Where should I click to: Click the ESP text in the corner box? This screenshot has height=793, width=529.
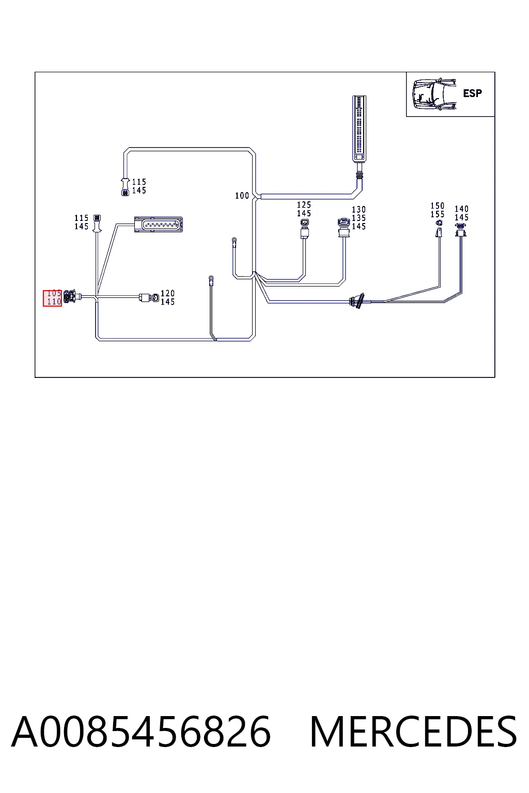[472, 93]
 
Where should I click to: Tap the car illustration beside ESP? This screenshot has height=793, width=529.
[434, 94]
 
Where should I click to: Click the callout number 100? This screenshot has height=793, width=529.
[242, 196]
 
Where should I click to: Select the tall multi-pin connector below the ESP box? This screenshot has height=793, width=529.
[359, 129]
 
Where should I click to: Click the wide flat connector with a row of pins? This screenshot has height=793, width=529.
[159, 225]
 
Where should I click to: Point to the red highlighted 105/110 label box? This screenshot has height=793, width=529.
[53, 298]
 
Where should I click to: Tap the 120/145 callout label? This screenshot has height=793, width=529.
[167, 297]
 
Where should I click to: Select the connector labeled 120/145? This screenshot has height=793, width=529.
[149, 297]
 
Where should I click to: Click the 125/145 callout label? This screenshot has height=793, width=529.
[304, 209]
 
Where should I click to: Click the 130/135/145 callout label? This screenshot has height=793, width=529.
[359, 218]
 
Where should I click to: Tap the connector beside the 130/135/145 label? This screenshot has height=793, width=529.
[344, 227]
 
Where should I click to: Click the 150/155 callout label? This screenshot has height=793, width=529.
[438, 210]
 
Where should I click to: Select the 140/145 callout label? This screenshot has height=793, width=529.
[462, 213]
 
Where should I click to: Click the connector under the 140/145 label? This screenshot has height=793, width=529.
[461, 230]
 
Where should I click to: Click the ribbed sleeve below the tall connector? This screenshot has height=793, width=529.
[360, 175]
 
